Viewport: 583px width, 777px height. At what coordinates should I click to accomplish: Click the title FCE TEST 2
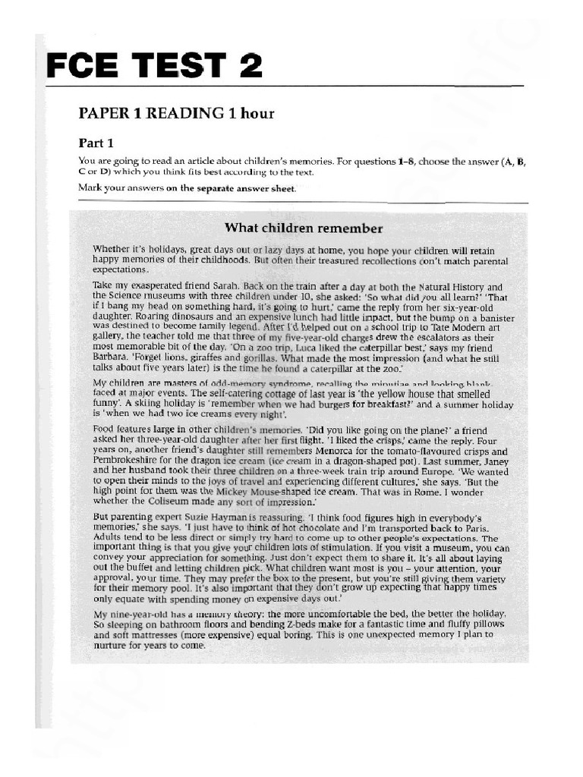pos(155,66)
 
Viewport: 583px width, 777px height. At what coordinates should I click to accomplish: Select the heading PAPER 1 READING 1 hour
pos(176,114)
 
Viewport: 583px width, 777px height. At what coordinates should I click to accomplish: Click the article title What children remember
pos(303,228)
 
